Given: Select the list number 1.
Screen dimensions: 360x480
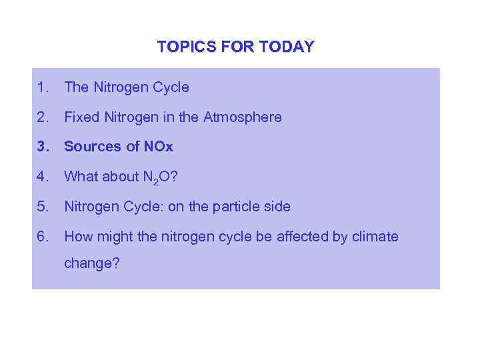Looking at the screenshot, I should click(x=43, y=87).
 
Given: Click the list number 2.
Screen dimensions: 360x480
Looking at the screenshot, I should click(x=43, y=117).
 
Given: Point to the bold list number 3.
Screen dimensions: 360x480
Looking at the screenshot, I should click(x=43, y=147).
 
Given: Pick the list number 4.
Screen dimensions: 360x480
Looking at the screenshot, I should click(x=43, y=177).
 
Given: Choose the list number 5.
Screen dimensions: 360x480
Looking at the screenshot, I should click(x=43, y=207).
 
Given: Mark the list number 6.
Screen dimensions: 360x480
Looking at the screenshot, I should click(x=43, y=237).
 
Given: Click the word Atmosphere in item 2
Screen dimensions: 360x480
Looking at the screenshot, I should click(x=243, y=117).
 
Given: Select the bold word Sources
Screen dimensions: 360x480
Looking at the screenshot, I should click(x=90, y=147).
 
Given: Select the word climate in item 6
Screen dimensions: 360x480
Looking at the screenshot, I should click(x=373, y=237).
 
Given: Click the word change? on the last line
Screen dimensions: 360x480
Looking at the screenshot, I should click(x=92, y=263).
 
